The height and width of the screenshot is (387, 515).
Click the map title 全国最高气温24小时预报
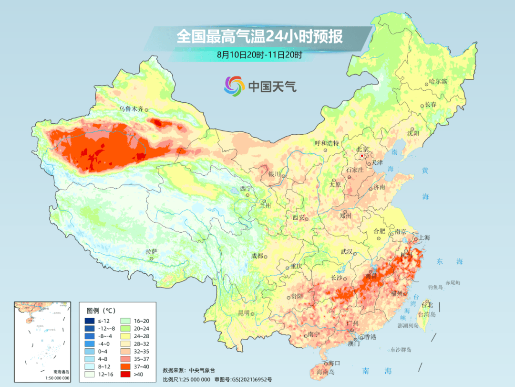pyautogui.click(x=259, y=36)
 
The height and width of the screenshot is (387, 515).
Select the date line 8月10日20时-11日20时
pyautogui.click(x=259, y=55)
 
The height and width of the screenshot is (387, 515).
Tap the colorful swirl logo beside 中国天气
pyautogui.click(x=235, y=86)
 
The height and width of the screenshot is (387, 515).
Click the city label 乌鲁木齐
pyautogui.click(x=131, y=109)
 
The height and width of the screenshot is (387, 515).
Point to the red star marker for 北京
pyautogui.click(x=362, y=156)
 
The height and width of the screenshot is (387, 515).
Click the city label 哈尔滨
pyautogui.click(x=438, y=82)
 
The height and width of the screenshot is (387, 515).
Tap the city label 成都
pyautogui.click(x=257, y=256)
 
